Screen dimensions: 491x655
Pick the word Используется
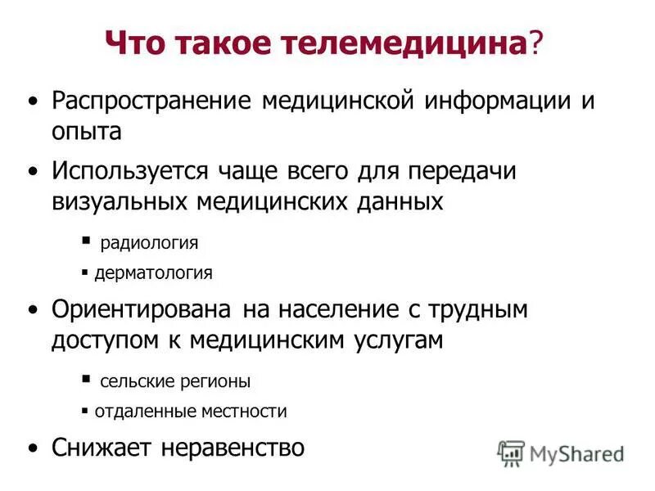[133, 172]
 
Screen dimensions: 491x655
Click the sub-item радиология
[149, 243]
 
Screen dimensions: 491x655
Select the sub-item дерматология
[153, 273]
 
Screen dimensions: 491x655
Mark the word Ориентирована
[142, 311]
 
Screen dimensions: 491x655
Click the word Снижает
[106, 448]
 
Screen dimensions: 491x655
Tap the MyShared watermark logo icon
[511, 452]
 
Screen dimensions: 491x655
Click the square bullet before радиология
[86, 241]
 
